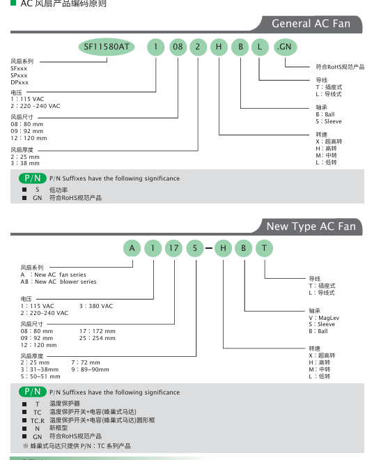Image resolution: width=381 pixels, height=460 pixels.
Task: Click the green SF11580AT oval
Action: (107, 47)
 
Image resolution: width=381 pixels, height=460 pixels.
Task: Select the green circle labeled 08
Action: (178, 47)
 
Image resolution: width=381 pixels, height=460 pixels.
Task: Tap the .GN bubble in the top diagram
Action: (285, 47)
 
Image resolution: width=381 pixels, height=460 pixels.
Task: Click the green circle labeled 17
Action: (173, 248)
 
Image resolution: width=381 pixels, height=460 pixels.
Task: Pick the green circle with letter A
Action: (132, 248)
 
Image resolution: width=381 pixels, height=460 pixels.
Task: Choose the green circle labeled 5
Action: (195, 248)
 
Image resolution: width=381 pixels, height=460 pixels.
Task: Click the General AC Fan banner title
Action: (311, 24)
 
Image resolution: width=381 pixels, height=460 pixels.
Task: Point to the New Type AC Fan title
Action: (311, 227)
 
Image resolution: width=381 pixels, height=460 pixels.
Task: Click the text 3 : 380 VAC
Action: (96, 306)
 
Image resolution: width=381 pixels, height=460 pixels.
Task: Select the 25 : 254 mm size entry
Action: (98, 338)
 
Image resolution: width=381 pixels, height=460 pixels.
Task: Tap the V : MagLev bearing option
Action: (324, 318)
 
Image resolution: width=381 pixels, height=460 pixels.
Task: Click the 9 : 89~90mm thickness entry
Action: (91, 369)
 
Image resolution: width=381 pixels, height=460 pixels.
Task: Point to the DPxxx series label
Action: (20, 82)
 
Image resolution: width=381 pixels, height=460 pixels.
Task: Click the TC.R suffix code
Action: (37, 421)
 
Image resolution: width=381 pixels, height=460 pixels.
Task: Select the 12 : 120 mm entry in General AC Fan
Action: (29, 138)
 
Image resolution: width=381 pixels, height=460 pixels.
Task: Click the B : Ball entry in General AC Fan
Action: (325, 114)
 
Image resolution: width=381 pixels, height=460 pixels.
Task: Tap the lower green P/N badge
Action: (33, 392)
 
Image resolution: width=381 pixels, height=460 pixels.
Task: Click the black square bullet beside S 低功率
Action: (24, 190)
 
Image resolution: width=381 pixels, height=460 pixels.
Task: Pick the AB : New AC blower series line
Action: (59, 282)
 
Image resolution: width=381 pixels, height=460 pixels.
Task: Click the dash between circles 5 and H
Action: (209, 248)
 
